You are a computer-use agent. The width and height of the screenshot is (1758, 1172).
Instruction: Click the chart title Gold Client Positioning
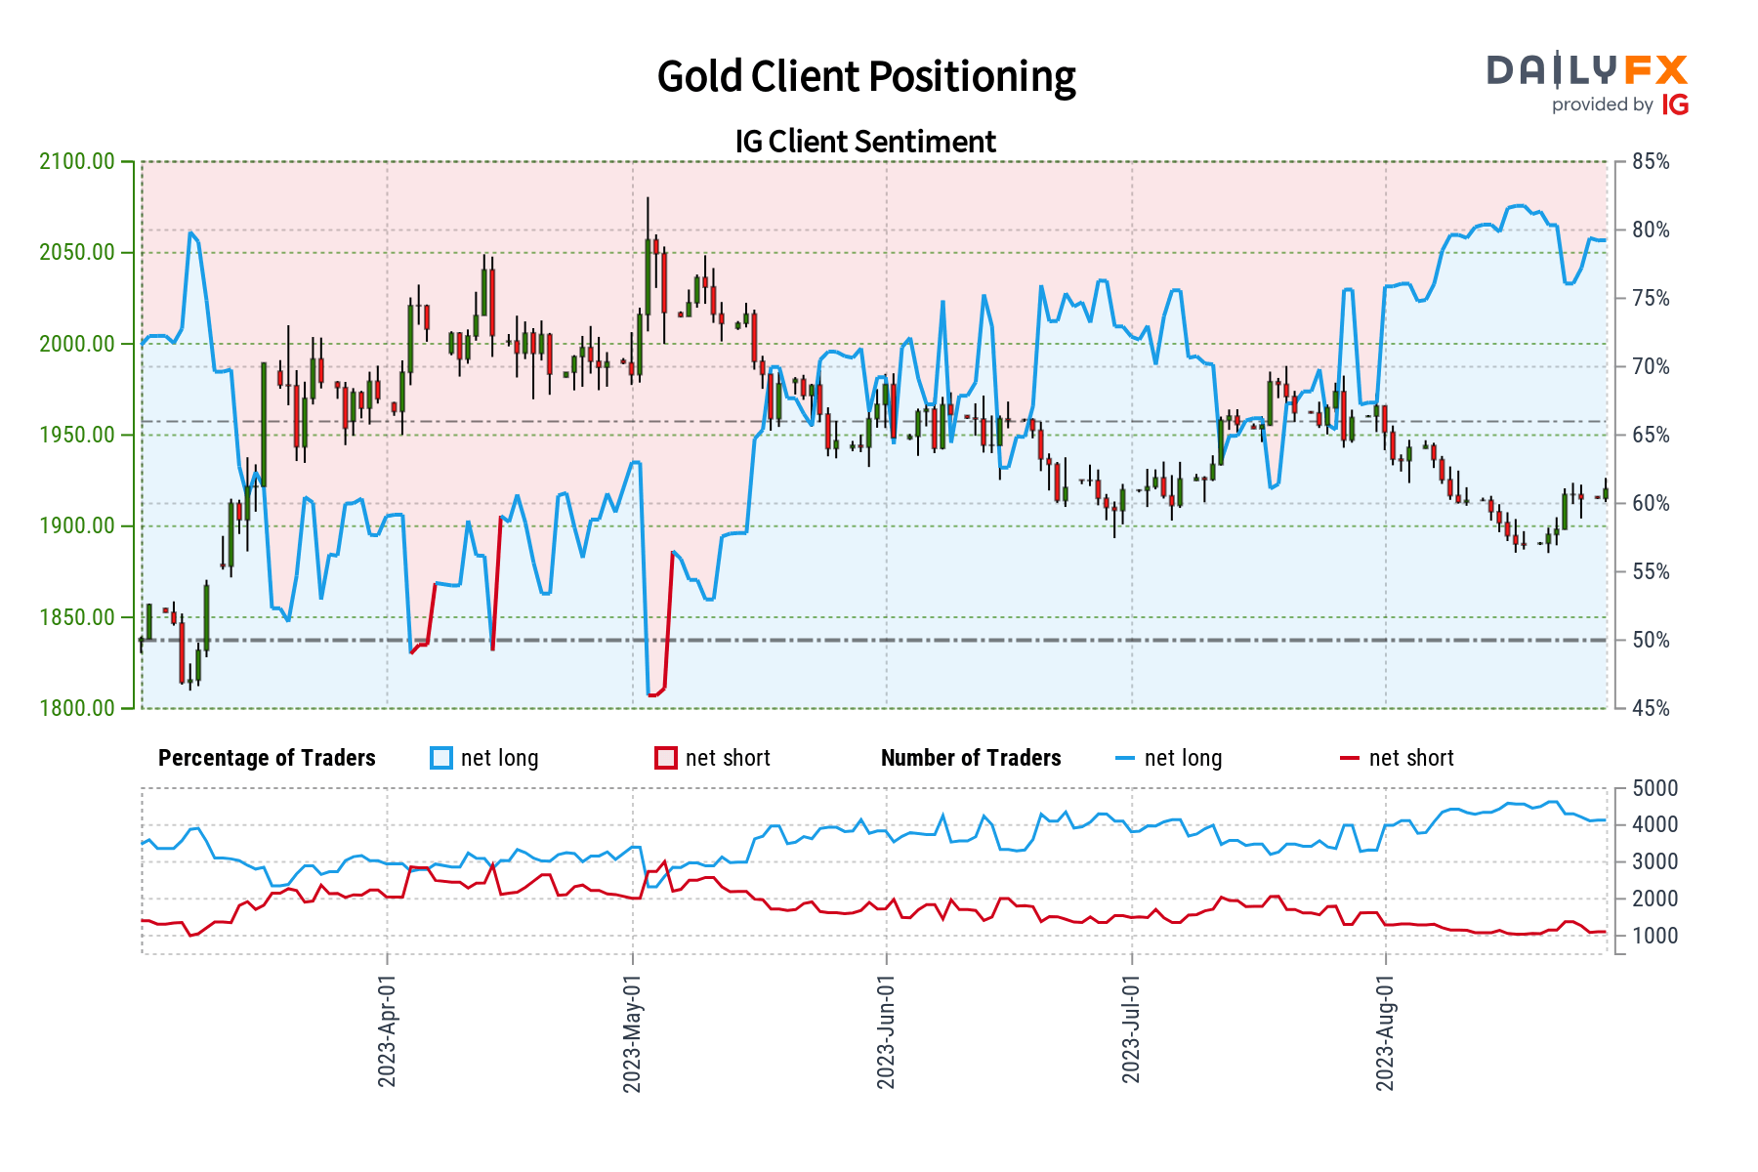point(865,77)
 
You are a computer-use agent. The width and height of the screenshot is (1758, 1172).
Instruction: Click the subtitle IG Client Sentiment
point(865,142)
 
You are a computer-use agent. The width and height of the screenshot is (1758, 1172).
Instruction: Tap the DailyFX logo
point(1587,83)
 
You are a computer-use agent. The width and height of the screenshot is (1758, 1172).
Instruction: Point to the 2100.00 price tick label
point(76,162)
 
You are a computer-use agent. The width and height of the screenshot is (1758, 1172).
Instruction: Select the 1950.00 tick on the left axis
point(76,436)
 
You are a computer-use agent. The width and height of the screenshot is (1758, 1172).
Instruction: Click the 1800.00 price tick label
point(76,708)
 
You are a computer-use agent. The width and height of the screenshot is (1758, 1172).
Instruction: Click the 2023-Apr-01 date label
point(387,1030)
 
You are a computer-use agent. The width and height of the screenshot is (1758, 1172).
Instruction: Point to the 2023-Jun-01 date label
point(886,1030)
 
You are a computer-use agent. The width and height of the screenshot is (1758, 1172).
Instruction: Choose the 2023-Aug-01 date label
point(1385,1030)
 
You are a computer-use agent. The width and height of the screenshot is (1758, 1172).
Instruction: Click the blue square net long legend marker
point(441,758)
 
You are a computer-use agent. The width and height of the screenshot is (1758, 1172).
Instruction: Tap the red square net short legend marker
point(666,758)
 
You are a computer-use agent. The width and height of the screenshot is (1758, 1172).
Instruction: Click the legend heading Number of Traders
point(970,758)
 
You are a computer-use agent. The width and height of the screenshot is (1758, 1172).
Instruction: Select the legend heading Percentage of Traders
point(267,758)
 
